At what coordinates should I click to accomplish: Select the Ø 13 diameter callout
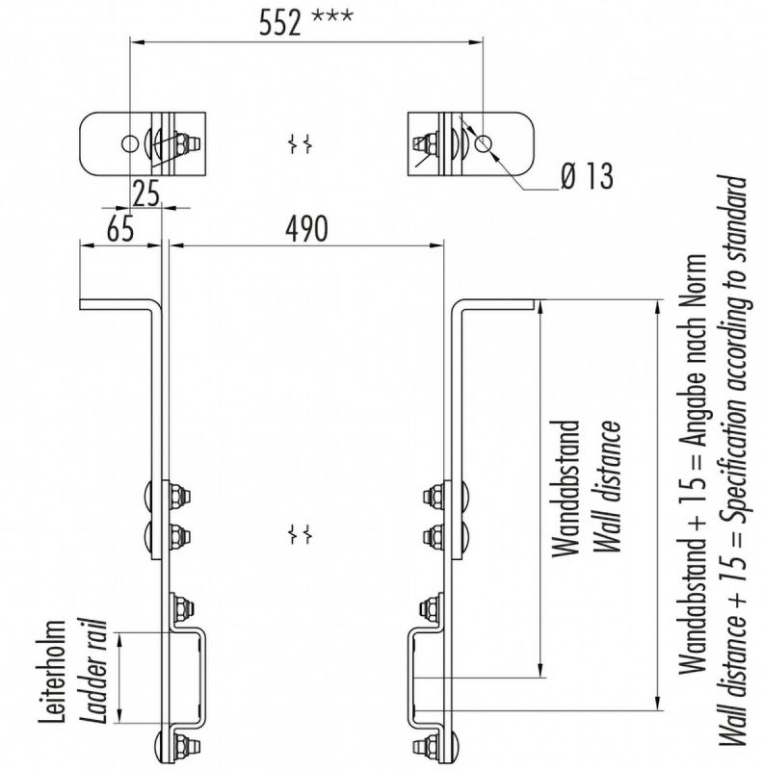(584, 176)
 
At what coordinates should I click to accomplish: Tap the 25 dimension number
(145, 195)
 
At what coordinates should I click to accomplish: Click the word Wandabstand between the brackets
(569, 488)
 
